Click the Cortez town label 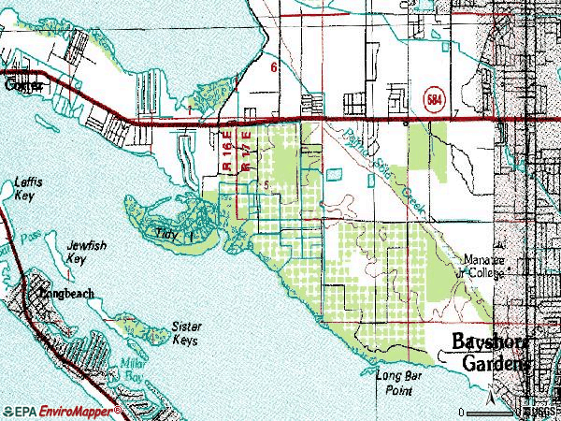22,85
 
